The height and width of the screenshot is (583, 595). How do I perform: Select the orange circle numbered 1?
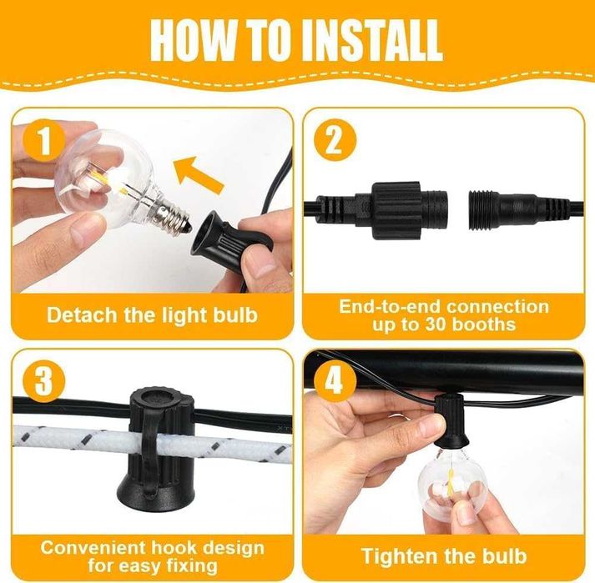point(44,141)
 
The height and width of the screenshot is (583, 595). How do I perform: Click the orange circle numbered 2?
point(335,140)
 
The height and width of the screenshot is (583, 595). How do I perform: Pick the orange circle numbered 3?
point(44,380)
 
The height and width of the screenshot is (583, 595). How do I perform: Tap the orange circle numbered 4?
point(335,380)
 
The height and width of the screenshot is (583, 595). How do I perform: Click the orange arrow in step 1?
point(198,173)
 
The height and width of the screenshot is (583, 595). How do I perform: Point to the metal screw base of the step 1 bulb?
point(172,211)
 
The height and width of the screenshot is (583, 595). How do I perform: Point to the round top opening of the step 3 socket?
point(157,399)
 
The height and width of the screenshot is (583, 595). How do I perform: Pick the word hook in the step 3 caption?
point(174,548)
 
